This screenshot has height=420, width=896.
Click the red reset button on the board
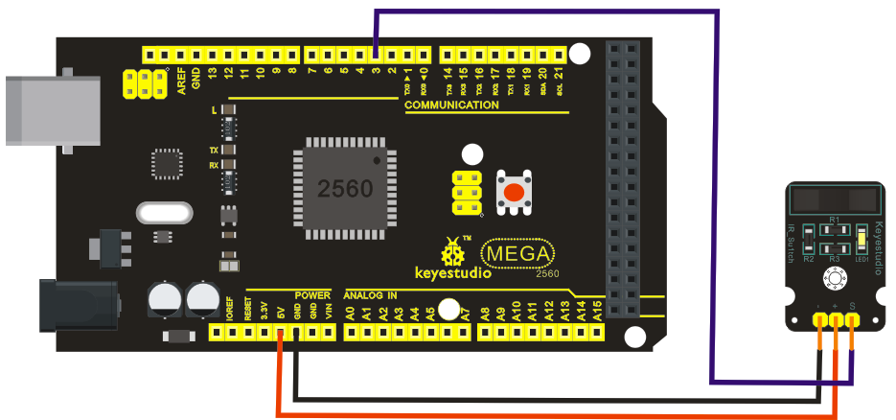point(515,193)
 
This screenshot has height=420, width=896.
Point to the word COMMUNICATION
point(451,105)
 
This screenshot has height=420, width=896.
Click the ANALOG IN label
point(377,294)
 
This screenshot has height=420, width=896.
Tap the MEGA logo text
point(518,254)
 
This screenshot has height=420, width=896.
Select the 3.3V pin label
point(264,311)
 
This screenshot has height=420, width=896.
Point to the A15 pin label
point(598,310)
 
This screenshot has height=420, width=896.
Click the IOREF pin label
point(230,309)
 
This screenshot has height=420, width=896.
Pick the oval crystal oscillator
point(166,211)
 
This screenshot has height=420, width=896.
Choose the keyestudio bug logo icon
point(451,252)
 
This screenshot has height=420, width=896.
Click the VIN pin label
point(329,311)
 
